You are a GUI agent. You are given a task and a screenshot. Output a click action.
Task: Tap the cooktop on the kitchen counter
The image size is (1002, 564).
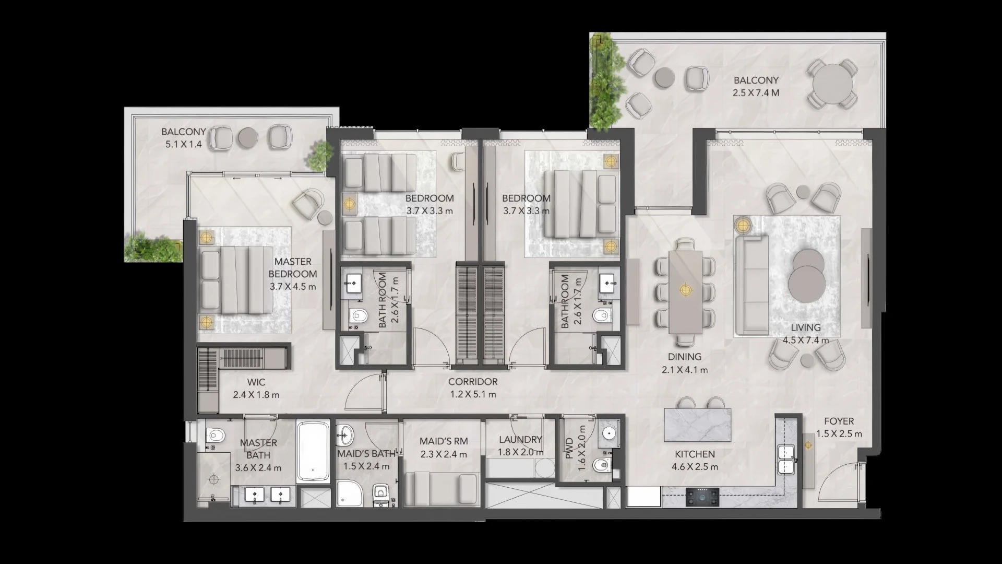[x=702, y=497]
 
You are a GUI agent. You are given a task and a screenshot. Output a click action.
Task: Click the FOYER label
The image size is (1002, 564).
[x=839, y=421]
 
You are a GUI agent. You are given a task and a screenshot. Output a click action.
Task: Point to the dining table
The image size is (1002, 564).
[x=685, y=291]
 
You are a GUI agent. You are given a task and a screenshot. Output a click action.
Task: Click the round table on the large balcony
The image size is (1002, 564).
[x=833, y=84]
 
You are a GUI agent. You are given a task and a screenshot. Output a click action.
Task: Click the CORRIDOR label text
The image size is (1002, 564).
[x=473, y=382]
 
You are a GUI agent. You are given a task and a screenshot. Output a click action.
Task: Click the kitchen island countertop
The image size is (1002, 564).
[x=697, y=425]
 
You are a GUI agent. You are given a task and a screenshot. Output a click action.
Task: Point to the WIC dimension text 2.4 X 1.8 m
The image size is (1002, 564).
[x=256, y=395]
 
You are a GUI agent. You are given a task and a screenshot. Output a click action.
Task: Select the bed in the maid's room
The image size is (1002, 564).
[x=442, y=489]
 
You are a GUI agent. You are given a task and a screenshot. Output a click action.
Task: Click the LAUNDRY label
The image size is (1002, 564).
[x=520, y=440]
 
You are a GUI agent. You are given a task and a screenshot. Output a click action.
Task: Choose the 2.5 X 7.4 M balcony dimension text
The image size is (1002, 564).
[x=756, y=93]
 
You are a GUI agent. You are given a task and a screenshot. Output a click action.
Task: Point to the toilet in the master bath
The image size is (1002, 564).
[x=214, y=434]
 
